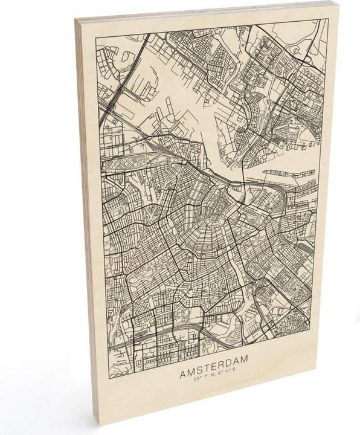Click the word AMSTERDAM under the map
213,358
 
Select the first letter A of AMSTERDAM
182,359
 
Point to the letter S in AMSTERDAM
198,358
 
